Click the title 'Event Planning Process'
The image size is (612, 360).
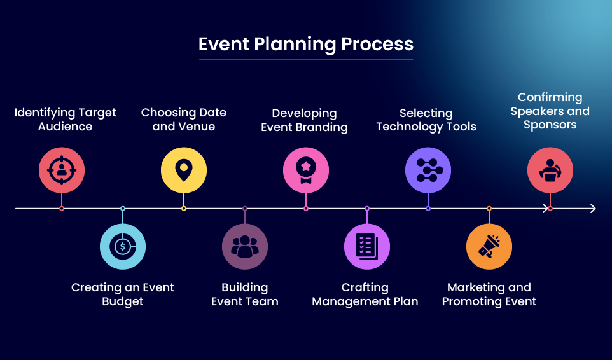[306, 45]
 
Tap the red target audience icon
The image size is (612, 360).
[62, 170]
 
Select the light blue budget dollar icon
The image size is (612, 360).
[123, 246]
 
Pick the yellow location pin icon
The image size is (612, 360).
[184, 170]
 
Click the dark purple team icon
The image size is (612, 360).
[245, 246]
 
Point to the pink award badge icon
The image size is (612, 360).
[306, 170]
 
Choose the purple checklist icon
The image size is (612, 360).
[367, 246]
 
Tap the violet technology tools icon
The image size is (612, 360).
[428, 170]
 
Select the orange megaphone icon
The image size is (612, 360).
[489, 246]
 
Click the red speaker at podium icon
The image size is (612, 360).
[550, 170]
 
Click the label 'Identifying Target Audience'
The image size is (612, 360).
[66, 120]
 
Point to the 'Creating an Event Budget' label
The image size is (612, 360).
[123, 294]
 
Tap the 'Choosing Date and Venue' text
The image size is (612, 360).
[184, 120]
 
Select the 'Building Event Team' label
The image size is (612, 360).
[245, 294]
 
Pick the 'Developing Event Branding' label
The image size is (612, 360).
[305, 120]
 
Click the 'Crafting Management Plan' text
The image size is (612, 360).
[365, 294]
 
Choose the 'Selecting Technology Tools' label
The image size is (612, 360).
[426, 120]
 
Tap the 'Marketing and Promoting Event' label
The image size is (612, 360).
[489, 294]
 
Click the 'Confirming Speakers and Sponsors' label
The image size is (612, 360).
[550, 111]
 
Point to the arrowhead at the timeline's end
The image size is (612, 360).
[592, 208]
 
